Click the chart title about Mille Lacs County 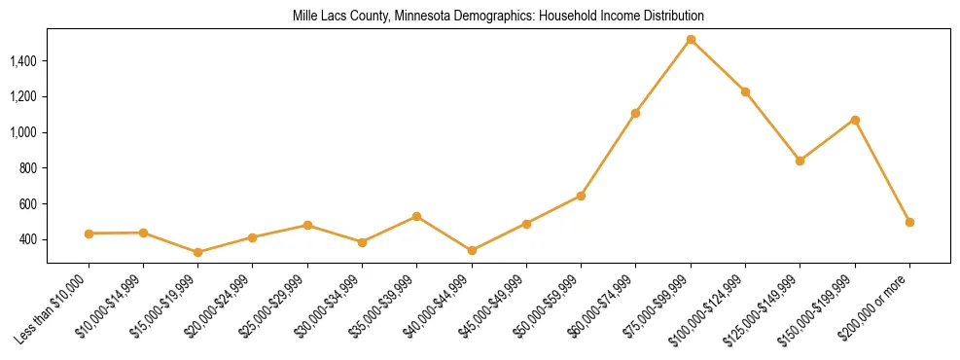click(x=498, y=17)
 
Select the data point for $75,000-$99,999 click(x=691, y=40)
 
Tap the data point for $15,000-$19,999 click(x=198, y=252)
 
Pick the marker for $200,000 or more click(x=909, y=222)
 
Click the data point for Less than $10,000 click(x=89, y=234)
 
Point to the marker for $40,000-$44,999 click(x=472, y=250)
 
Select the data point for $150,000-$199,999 click(x=855, y=120)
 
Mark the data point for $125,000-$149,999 click(x=800, y=161)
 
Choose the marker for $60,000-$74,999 click(x=635, y=113)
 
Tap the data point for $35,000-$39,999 click(x=416, y=216)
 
